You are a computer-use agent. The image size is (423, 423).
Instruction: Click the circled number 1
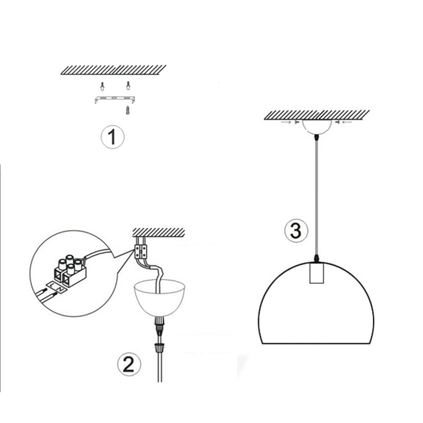click(112, 138)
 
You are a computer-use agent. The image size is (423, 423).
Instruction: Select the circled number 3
click(296, 231)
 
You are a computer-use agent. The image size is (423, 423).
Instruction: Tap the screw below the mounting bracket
click(127, 110)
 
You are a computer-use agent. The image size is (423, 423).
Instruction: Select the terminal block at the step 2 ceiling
click(141, 250)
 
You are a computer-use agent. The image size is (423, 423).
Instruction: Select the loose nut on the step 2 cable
click(158, 348)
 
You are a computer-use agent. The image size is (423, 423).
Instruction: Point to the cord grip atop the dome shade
click(316, 259)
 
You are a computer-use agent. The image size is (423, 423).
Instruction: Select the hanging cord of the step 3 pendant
click(316, 196)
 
